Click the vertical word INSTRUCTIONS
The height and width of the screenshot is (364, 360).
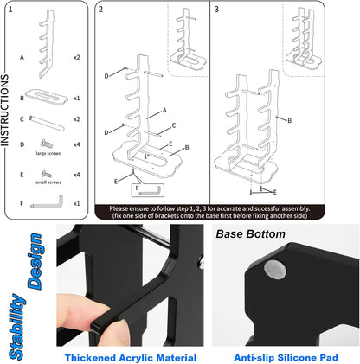coord(5,110)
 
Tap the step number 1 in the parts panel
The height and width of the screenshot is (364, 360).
coord(10,10)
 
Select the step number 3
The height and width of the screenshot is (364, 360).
coord(216,10)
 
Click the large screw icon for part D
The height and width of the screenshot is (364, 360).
coord(47,144)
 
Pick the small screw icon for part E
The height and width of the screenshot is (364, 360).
coord(47,174)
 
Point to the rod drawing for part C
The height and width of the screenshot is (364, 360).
coord(46,123)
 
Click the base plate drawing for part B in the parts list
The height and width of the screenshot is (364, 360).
coord(47,98)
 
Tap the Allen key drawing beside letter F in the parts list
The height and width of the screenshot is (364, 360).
coord(47,202)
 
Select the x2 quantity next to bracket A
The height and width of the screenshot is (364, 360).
coord(76,57)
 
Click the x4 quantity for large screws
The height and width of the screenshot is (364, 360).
coord(76,144)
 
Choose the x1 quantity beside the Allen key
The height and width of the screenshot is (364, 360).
coord(76,203)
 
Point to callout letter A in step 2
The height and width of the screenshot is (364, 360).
coord(164,110)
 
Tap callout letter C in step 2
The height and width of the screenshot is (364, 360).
coord(174,125)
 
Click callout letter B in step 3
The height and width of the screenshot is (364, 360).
coord(290,120)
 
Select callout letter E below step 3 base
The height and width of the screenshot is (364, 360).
coord(274,192)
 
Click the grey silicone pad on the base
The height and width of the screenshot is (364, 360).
coord(275,270)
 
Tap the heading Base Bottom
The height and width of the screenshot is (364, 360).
coord(251,234)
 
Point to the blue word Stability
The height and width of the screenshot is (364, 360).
coord(18,327)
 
